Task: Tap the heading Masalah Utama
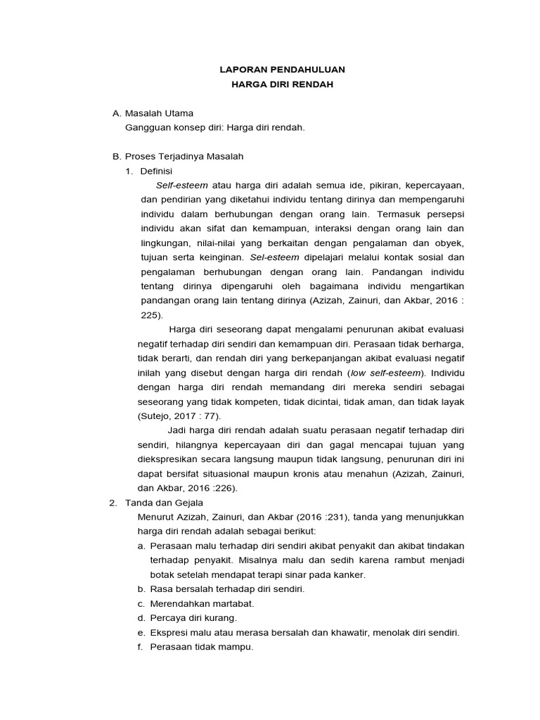159,113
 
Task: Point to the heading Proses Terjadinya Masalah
183,156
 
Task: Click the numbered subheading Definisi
156,171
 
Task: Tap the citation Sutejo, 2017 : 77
179,416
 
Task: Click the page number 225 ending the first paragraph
150,316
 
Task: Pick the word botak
162,574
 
